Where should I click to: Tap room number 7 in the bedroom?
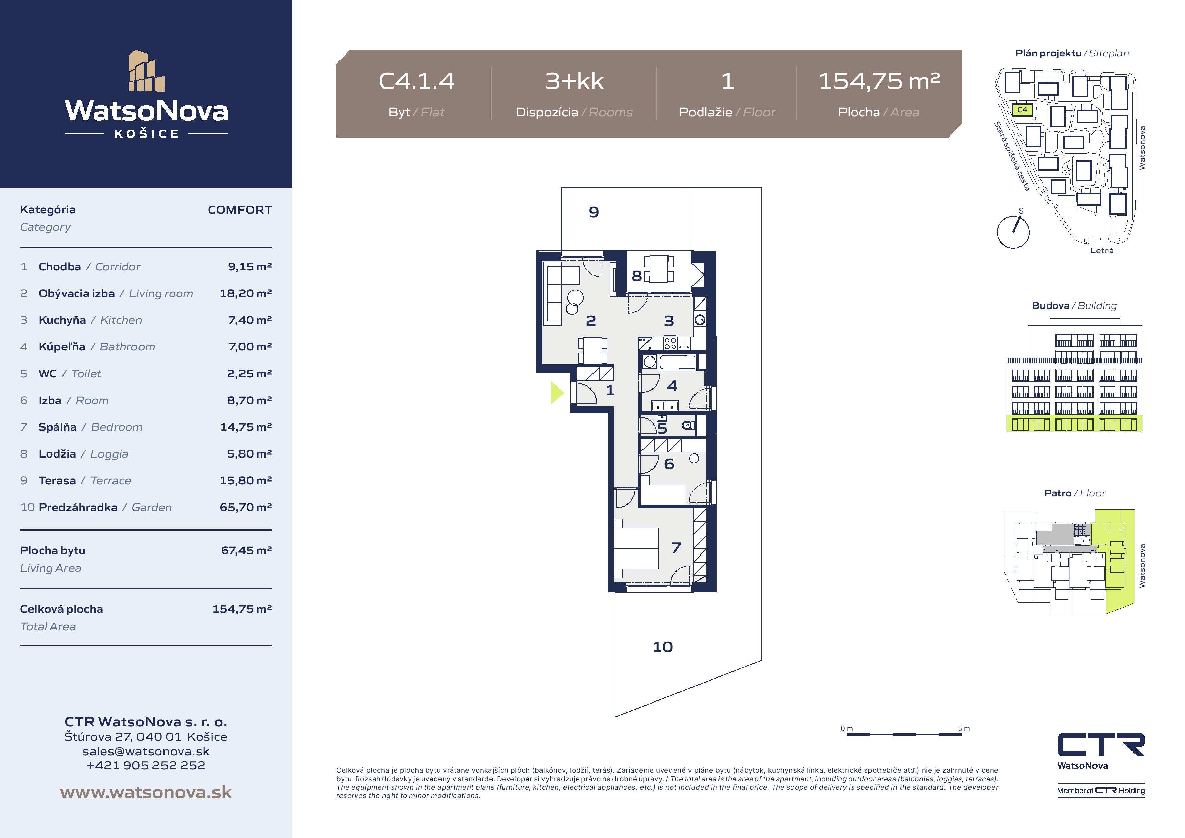(x=676, y=548)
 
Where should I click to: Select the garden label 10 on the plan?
(x=663, y=647)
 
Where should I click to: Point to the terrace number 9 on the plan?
(x=594, y=212)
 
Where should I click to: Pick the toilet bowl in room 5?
(x=687, y=425)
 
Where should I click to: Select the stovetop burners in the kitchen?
(x=671, y=343)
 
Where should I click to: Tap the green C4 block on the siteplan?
(x=1022, y=110)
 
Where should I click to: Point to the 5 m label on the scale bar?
(x=964, y=729)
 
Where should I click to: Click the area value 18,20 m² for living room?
(x=246, y=293)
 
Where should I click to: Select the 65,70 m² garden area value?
(x=246, y=507)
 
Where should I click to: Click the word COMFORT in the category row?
(x=239, y=209)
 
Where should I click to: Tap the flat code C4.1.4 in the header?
(x=417, y=81)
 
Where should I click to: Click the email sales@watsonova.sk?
(x=146, y=751)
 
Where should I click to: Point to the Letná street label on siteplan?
(x=1102, y=250)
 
